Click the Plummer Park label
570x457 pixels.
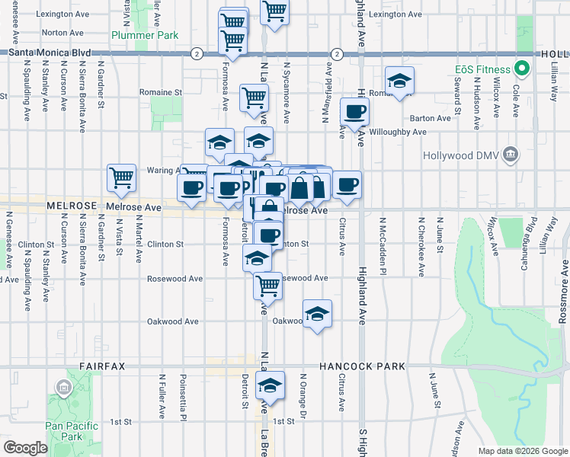tap(145, 35)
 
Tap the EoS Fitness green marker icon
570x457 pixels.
tap(522, 69)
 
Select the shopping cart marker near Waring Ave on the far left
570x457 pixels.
tap(121, 178)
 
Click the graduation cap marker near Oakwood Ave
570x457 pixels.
tap(317, 313)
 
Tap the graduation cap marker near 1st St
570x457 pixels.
tap(269, 386)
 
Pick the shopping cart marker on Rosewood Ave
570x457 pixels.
tap(267, 286)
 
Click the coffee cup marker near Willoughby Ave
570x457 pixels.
tap(354, 113)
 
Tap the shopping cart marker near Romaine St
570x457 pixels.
tap(254, 97)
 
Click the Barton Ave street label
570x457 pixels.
tap(431, 118)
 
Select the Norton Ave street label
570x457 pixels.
tap(63, 33)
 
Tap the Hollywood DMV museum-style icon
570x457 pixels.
tap(511, 156)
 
